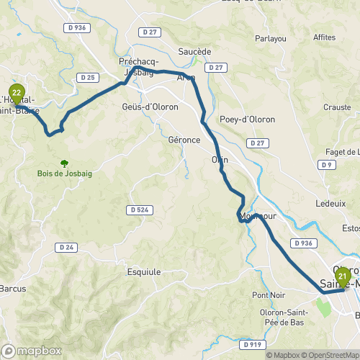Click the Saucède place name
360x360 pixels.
pos(194,52)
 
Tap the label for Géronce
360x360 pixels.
pos(184,140)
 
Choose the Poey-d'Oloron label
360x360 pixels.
pos(244,120)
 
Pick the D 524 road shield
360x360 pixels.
pos(140,210)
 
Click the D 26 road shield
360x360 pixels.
pos(67,248)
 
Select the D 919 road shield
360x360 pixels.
pos(253,345)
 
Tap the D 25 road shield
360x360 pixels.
pos(89,77)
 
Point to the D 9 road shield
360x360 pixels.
pos(328,165)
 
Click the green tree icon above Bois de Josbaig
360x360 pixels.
pos(65,163)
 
